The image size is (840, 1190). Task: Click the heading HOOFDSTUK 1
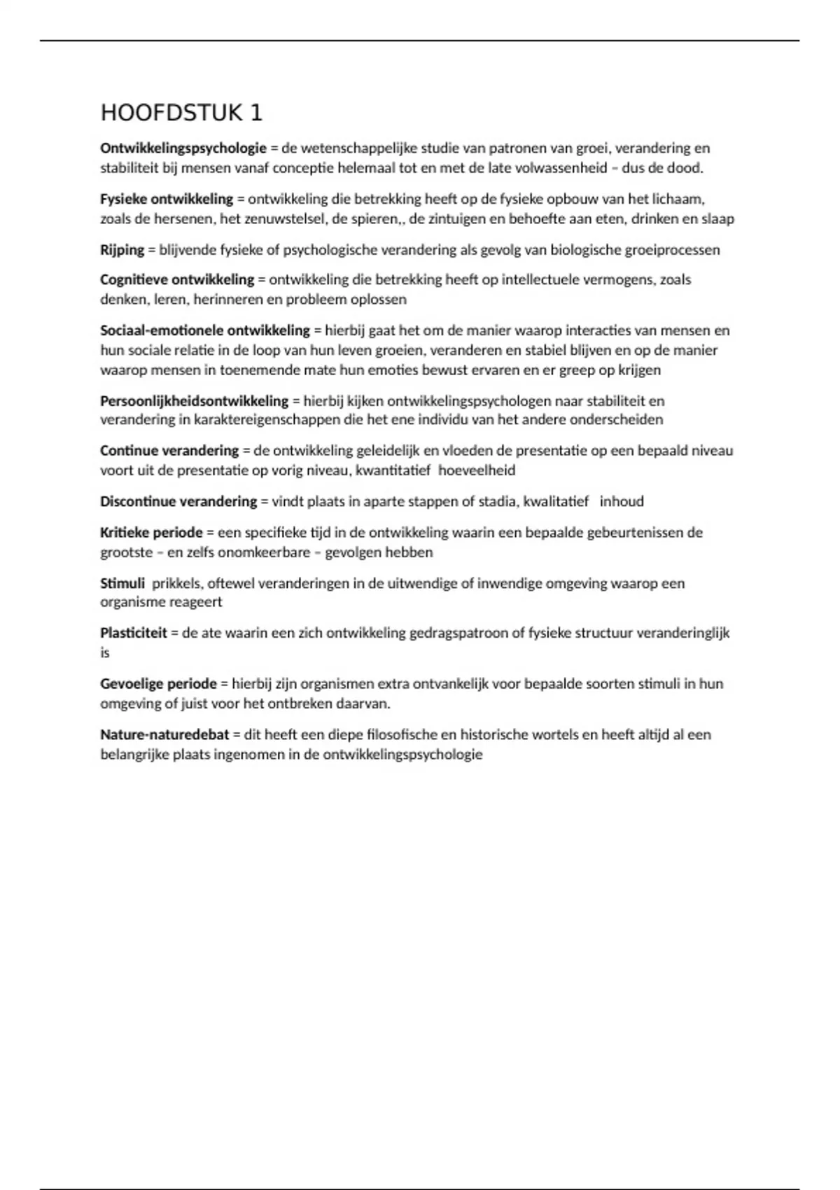pyautogui.click(x=181, y=113)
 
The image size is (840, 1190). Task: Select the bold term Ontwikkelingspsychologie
pyautogui.click(x=183, y=148)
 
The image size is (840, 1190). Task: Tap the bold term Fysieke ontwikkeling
pyautogui.click(x=167, y=199)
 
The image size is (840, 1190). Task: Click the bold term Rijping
pyautogui.click(x=122, y=250)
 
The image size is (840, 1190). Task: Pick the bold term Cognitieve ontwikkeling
pyautogui.click(x=177, y=280)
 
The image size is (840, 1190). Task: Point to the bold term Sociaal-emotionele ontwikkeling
pyautogui.click(x=205, y=330)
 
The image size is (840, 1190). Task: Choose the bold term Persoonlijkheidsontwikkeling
pyautogui.click(x=194, y=401)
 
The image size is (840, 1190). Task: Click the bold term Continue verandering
pyautogui.click(x=169, y=451)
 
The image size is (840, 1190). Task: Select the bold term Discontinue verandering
pyautogui.click(x=178, y=502)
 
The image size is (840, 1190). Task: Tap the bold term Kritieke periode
pyautogui.click(x=151, y=533)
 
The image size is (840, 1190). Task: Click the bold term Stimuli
pyautogui.click(x=122, y=583)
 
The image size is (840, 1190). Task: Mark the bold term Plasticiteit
pyautogui.click(x=134, y=633)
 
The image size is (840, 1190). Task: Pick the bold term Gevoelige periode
pyautogui.click(x=158, y=684)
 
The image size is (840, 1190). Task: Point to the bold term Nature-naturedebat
pyautogui.click(x=164, y=735)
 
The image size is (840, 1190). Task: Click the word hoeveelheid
pyautogui.click(x=477, y=470)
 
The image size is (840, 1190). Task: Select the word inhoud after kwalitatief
pyautogui.click(x=622, y=502)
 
